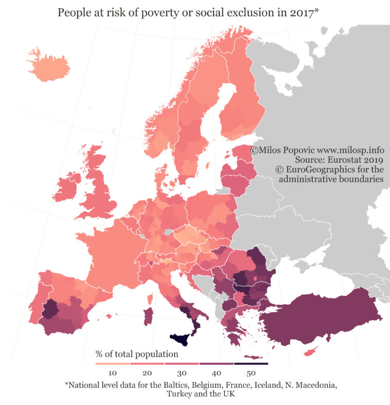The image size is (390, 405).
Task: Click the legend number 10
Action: (113, 373)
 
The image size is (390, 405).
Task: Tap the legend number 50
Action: (251, 373)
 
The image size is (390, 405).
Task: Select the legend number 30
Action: (182, 373)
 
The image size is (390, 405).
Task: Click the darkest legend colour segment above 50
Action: (251, 363)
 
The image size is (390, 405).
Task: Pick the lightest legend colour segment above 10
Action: (113, 363)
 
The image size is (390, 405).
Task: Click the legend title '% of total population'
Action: (137, 354)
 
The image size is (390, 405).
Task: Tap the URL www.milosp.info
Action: (350, 150)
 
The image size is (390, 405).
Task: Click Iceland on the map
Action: (48, 66)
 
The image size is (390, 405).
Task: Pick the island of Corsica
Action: (150, 299)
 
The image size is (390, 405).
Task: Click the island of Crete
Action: (254, 357)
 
